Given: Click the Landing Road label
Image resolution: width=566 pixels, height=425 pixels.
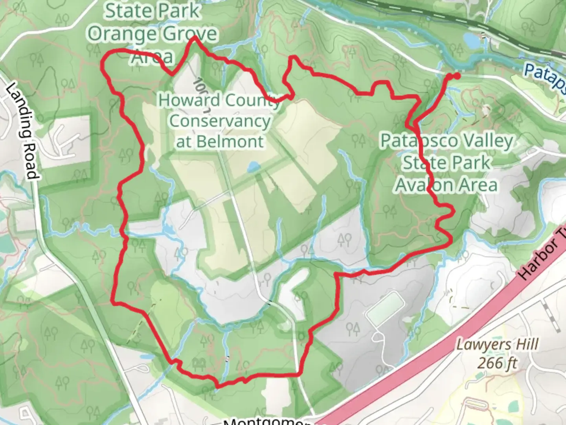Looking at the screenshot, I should click(22, 131).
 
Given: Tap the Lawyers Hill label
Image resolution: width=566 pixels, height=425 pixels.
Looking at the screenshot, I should click(497, 345).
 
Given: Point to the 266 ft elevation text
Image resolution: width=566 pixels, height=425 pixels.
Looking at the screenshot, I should click(497, 362).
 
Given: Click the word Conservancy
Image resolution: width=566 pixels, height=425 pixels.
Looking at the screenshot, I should click(220, 121).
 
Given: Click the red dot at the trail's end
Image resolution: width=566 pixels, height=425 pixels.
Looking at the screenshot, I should click(457, 76).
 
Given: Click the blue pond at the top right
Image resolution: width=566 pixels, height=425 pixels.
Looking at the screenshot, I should click(471, 39).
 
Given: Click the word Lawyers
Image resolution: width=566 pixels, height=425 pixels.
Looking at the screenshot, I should click(481, 345).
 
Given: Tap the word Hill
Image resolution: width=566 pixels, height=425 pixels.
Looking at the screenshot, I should click(526, 345).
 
